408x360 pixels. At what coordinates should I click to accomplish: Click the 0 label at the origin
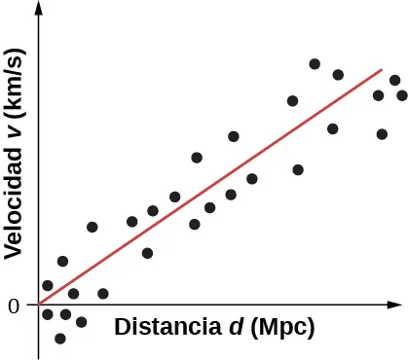tap(14, 306)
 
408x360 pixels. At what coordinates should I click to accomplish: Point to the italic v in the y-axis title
tap(14, 137)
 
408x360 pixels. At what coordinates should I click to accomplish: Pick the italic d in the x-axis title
tap(236, 327)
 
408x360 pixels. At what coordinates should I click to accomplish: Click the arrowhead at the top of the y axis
tap(39, 8)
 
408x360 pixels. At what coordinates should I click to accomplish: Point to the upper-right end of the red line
tap(381, 69)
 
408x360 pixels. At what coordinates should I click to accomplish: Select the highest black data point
tap(315, 64)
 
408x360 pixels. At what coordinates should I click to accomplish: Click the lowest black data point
tap(60, 339)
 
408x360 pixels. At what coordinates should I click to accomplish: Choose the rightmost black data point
tap(402, 95)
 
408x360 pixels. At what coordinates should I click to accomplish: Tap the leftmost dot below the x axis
tap(48, 314)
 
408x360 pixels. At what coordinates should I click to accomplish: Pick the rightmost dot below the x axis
tap(82, 322)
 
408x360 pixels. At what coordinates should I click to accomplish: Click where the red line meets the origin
tap(40, 305)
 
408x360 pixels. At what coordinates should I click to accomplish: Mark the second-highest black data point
tap(338, 75)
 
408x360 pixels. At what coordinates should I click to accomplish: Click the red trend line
tap(209, 187)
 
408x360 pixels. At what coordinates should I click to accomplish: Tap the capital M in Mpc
tap(267, 327)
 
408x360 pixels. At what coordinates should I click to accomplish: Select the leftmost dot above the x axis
tap(48, 285)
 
